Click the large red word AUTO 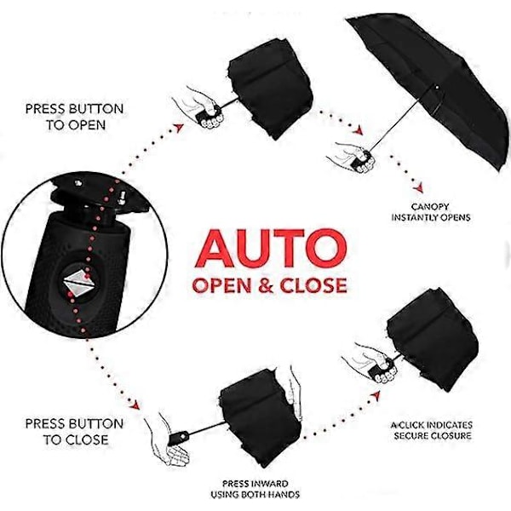[x=271, y=248]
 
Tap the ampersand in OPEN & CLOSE [x=267, y=285]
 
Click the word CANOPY [x=430, y=207]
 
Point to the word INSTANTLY [x=415, y=217]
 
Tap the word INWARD [x=269, y=484]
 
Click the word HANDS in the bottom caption [x=284, y=494]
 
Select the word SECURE [x=411, y=436]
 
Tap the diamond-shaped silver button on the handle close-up [x=79, y=281]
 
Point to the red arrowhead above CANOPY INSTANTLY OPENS [x=418, y=187]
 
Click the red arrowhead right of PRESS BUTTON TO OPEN [x=179, y=128]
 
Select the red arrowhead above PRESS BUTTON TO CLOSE [x=135, y=405]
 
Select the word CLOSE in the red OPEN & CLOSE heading [x=313, y=285]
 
